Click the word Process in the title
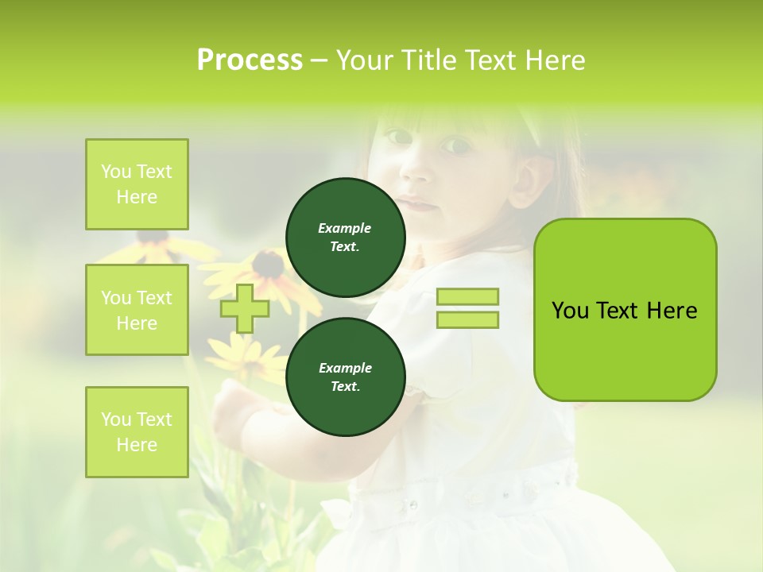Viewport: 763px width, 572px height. tap(250, 60)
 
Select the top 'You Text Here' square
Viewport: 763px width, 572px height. tap(137, 184)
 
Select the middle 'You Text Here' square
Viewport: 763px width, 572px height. tap(137, 310)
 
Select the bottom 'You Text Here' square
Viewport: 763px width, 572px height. tap(137, 432)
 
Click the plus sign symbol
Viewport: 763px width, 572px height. tap(245, 308)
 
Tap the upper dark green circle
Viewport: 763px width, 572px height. tap(345, 237)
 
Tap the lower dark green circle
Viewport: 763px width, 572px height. tap(345, 377)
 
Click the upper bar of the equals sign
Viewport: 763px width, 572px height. tap(467, 297)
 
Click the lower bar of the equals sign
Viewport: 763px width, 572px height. tap(467, 320)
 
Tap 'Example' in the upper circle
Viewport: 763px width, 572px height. tap(345, 228)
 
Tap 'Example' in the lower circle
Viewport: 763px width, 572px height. tap(345, 368)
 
